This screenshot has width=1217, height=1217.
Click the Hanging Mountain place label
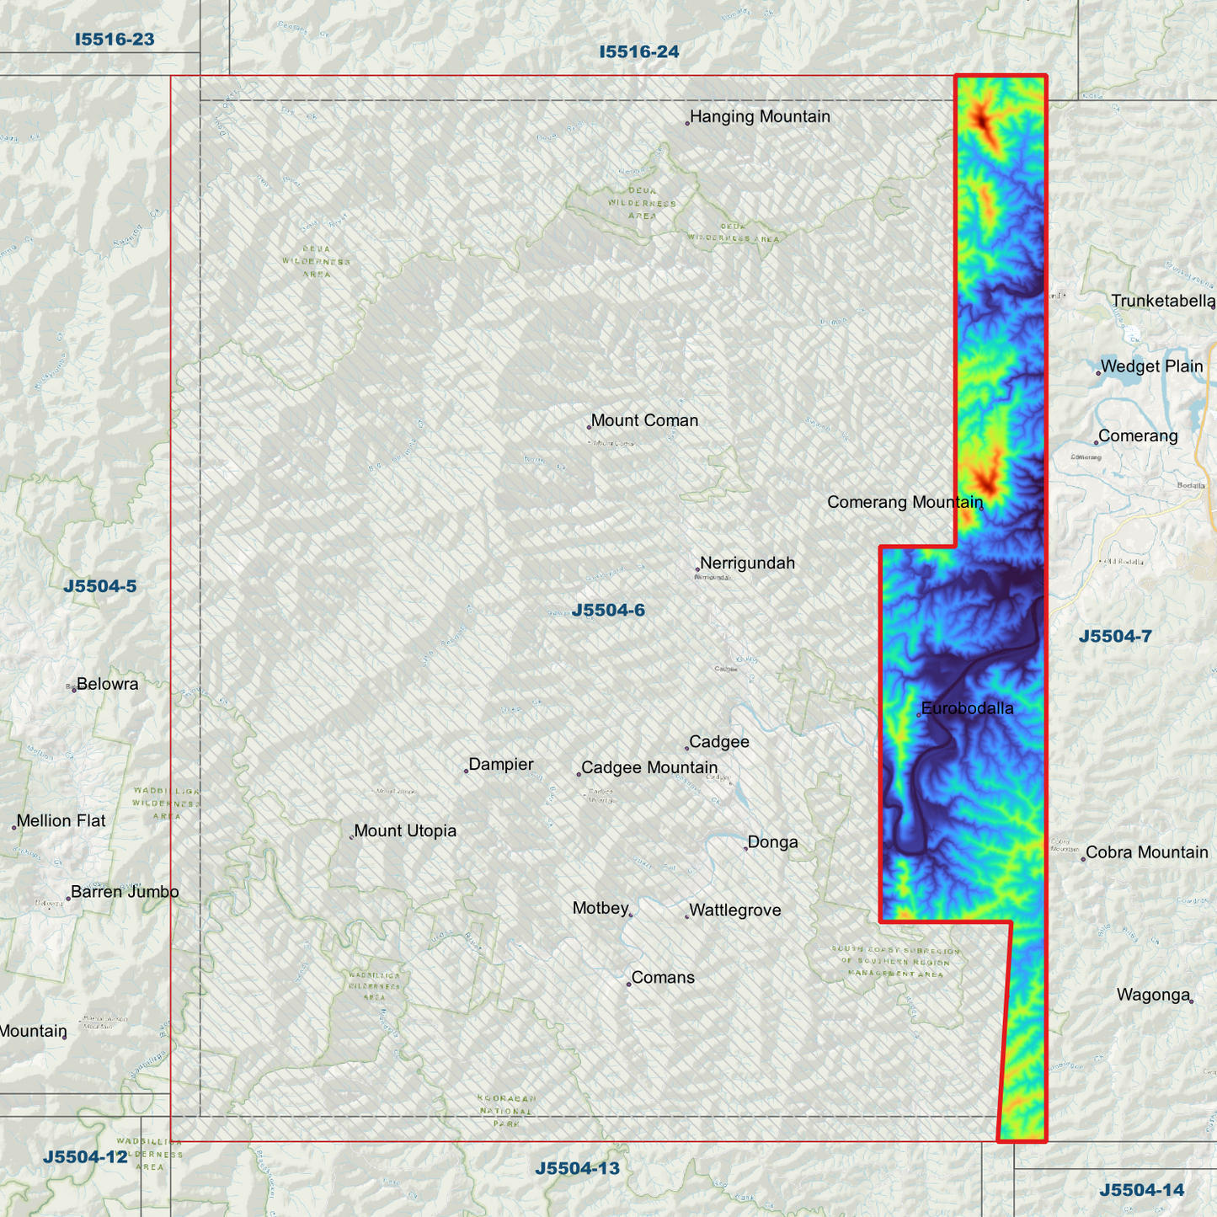point(760,117)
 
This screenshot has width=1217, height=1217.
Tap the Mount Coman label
point(644,420)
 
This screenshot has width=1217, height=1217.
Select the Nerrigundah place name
point(747,563)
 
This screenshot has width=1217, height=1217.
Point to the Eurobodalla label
point(967,708)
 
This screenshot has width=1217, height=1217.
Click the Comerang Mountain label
point(905,503)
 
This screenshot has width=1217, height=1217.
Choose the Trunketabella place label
point(1162,302)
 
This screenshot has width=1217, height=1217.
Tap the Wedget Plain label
point(1151,366)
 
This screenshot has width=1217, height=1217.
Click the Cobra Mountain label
point(1146,852)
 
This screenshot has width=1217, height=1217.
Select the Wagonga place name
point(1153,995)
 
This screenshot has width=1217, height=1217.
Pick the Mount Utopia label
point(405,831)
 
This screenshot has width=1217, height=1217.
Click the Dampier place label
point(501,765)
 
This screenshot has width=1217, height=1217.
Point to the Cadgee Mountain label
point(649,768)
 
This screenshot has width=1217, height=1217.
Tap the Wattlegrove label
point(735,910)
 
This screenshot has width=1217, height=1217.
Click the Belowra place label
point(107,684)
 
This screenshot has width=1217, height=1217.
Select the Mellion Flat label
point(61,821)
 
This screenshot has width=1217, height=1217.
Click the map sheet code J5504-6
point(608,611)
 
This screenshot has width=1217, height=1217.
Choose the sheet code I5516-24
point(639,52)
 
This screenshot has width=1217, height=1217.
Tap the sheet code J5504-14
point(1141,1190)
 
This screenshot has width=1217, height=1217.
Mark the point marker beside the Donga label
point(745,848)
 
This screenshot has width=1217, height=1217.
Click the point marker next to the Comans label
point(628,984)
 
